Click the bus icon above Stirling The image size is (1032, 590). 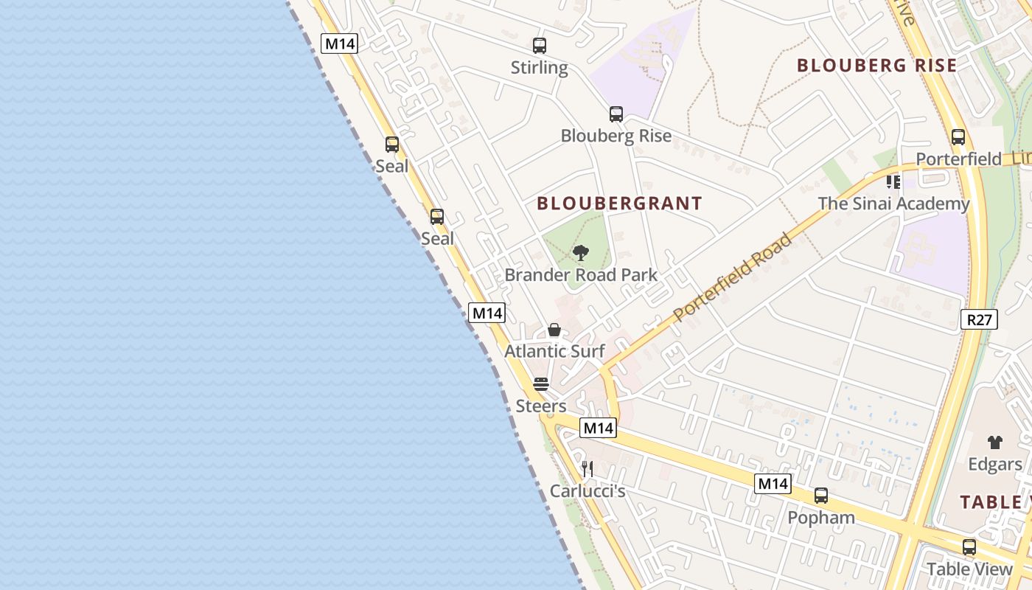tap(540, 46)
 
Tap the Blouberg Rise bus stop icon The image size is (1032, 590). tap(616, 114)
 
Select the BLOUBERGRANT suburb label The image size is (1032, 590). tap(619, 204)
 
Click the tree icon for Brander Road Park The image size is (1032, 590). tap(581, 254)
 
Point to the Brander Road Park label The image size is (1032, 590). tap(581, 276)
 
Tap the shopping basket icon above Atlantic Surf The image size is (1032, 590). tap(554, 330)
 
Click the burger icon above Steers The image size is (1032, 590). tap(541, 384)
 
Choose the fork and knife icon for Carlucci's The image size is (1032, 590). tap(588, 468)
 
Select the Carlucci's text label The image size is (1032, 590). tap(588, 491)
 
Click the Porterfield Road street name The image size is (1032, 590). tap(733, 277)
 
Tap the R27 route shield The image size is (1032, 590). tap(980, 319)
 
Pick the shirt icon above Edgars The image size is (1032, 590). tap(995, 442)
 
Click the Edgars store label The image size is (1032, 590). tap(995, 465)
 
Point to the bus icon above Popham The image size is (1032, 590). tap(821, 496)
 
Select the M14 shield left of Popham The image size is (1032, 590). tap(773, 484)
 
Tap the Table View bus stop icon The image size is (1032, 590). tap(969, 547)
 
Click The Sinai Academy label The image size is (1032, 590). tap(893, 204)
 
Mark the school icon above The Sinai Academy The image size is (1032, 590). tap(893, 181)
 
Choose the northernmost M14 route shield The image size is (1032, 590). tap(340, 44)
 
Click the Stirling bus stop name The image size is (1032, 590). tap(540, 68)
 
